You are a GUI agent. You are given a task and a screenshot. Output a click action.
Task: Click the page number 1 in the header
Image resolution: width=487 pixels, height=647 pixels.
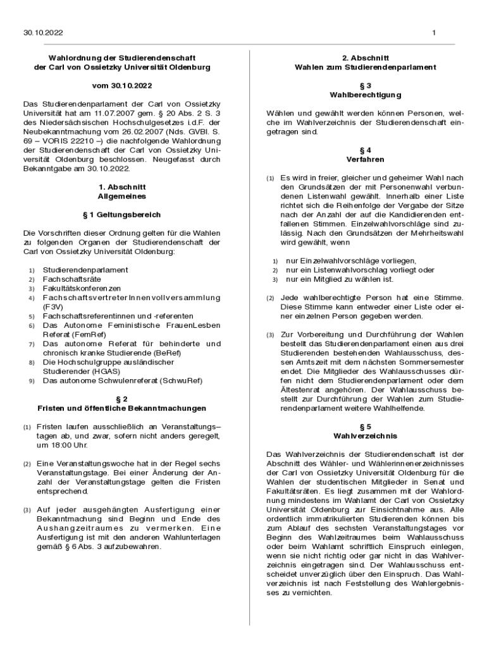tap(434, 33)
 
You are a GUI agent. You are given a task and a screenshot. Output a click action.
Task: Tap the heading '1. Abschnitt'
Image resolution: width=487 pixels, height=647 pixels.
tap(122, 187)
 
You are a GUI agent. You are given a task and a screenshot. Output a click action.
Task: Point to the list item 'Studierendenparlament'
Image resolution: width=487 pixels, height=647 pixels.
tap(85, 270)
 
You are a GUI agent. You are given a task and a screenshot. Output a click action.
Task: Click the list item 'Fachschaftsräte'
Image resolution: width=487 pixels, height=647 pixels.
tap(73, 279)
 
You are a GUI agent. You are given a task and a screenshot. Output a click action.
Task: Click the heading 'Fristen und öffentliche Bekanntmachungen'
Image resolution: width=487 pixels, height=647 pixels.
tap(122, 408)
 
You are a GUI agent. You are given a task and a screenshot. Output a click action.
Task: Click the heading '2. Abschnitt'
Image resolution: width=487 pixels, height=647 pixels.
tap(366, 57)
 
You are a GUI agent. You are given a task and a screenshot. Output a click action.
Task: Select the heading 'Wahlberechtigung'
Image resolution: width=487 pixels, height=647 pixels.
tap(366, 95)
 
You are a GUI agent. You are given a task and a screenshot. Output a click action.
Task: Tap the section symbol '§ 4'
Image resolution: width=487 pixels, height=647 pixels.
tap(366, 150)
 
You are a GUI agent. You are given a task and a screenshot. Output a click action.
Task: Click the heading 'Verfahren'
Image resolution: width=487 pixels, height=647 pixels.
tap(366, 159)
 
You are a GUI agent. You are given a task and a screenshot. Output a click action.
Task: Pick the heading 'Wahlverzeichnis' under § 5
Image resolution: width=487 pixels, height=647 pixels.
tap(366, 435)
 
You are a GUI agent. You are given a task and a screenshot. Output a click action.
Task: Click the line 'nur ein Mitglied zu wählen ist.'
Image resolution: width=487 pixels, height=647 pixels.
tap(340, 279)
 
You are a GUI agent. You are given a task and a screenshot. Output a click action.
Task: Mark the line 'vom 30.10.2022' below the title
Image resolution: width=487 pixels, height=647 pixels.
tap(122, 85)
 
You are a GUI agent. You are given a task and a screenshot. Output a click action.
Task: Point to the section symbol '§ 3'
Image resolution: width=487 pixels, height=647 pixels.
tap(366, 85)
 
